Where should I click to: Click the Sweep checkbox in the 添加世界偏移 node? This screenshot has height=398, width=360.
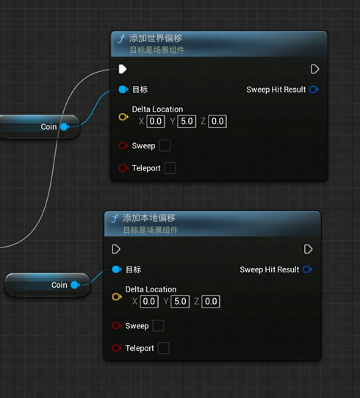(165, 145)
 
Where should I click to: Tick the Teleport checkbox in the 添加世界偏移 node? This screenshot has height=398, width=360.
(170, 168)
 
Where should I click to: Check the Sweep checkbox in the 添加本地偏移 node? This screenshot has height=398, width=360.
(158, 325)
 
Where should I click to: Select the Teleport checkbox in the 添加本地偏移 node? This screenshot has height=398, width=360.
(163, 348)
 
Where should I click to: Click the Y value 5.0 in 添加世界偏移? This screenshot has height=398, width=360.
(187, 121)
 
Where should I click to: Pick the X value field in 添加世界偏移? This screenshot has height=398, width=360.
(156, 121)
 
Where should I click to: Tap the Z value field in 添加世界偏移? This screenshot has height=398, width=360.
(217, 121)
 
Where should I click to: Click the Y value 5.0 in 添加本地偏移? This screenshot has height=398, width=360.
(180, 301)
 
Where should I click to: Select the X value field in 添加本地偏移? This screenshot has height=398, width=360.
(149, 301)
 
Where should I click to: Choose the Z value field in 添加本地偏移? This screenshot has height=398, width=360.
(211, 301)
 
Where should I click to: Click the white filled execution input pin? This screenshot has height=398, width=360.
(123, 69)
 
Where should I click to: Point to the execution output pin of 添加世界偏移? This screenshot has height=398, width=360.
(314, 69)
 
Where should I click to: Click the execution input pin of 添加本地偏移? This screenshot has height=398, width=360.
(116, 249)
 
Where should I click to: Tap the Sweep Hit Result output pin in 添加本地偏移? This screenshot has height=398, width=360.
(307, 269)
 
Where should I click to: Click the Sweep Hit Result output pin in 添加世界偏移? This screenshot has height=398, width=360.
(314, 90)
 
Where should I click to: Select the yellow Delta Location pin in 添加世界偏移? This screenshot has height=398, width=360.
(123, 117)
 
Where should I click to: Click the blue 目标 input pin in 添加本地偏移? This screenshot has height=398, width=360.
(117, 269)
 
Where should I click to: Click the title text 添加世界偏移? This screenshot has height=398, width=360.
(155, 38)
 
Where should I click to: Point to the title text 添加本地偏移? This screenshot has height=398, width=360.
(149, 218)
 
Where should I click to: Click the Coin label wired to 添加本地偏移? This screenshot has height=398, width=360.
(60, 285)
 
